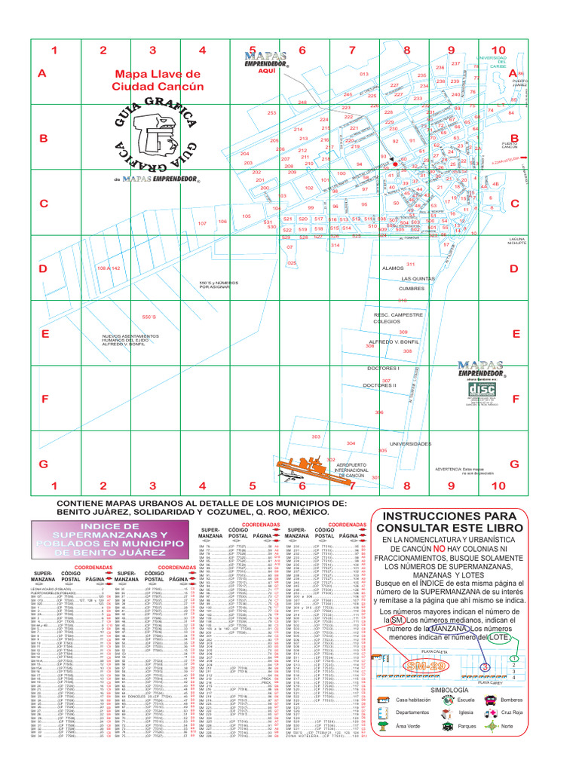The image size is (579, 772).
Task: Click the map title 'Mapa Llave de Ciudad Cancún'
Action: [x=158, y=81]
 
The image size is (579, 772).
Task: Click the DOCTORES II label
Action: [x=379, y=385]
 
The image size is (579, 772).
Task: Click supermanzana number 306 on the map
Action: [x=379, y=412]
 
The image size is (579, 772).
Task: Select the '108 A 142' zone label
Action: [x=109, y=268]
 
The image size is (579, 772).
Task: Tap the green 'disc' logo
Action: [x=482, y=388]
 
